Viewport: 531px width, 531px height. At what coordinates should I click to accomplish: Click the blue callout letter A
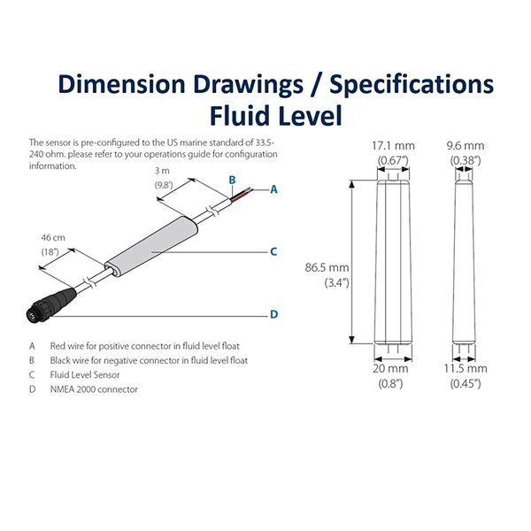(273, 189)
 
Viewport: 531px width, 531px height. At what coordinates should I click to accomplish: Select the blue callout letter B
(231, 180)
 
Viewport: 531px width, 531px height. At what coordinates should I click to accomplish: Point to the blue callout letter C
(273, 251)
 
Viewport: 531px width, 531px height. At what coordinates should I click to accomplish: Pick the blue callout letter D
(273, 314)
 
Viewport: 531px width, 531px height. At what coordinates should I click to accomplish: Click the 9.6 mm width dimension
(465, 145)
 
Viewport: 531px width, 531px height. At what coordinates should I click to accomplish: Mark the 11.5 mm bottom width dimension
(465, 368)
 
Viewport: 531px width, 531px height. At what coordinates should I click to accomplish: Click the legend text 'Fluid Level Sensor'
(89, 374)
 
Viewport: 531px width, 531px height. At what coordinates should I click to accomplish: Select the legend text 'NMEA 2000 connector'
(94, 389)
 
